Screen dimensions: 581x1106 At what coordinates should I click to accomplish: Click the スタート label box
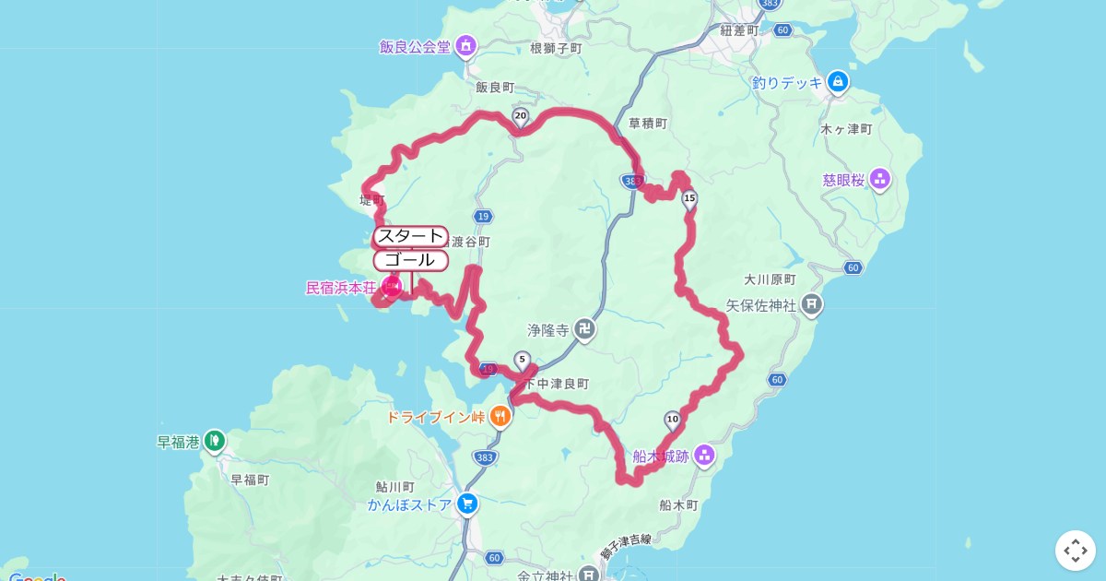click(411, 237)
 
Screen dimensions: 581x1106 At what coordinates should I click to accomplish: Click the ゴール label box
click(411, 260)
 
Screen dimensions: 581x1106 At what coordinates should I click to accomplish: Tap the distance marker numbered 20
click(520, 117)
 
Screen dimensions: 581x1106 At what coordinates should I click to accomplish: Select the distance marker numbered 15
click(689, 197)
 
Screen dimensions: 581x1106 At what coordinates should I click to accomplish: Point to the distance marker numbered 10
click(672, 421)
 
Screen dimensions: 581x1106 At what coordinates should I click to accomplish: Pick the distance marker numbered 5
click(523, 360)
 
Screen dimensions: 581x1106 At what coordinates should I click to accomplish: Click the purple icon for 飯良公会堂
click(466, 45)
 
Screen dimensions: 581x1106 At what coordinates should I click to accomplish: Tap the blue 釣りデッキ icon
click(838, 82)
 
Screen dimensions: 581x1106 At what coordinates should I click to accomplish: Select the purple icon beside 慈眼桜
click(880, 179)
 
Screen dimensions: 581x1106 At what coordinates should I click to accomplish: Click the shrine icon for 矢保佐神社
click(811, 303)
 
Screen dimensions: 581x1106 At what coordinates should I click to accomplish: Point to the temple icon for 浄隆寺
click(584, 328)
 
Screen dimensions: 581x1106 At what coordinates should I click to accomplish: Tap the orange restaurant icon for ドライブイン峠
click(500, 416)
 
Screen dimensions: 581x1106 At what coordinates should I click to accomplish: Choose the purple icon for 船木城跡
click(704, 454)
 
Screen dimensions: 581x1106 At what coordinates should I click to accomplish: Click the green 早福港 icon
click(215, 442)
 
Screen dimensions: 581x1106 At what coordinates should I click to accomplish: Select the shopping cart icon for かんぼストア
click(467, 504)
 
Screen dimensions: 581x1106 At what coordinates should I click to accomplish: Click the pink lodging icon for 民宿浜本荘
click(391, 288)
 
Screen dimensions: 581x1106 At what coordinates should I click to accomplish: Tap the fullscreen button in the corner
click(1075, 551)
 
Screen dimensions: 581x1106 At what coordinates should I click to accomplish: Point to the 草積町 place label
click(647, 123)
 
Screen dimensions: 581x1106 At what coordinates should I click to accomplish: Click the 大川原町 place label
click(770, 279)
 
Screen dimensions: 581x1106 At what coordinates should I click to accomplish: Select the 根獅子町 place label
click(557, 48)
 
